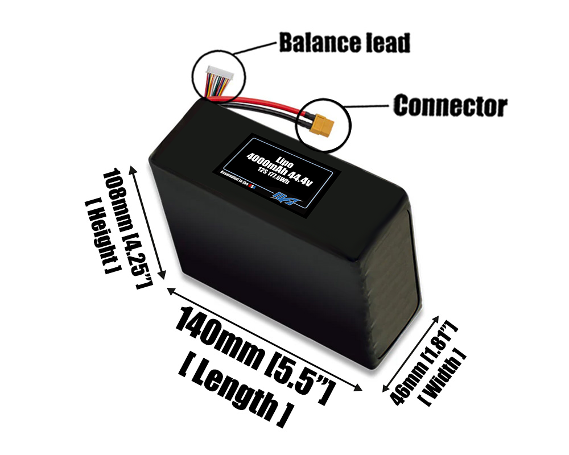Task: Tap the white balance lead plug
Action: point(217,73)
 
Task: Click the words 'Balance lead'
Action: point(344,43)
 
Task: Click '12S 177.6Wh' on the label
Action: point(283,182)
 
